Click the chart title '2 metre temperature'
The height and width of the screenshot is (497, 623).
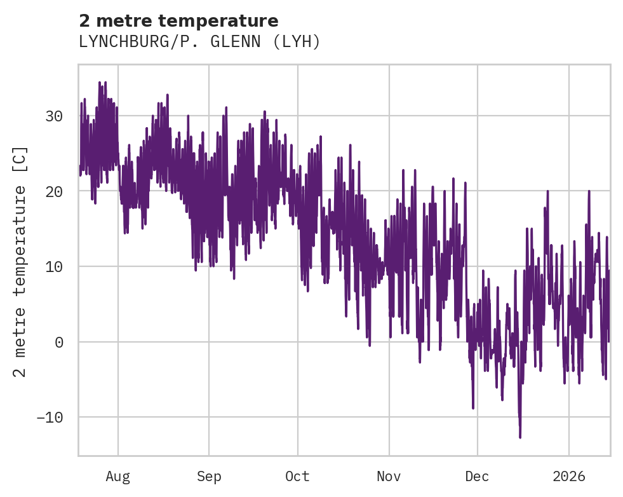178,21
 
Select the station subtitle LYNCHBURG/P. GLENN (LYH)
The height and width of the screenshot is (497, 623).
199,42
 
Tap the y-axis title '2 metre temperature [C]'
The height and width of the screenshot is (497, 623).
20,261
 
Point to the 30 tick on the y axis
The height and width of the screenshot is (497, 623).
54,116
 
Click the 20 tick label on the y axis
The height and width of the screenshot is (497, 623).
54,191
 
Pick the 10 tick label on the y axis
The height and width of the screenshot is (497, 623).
54,266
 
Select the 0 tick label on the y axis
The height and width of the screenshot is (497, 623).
59,342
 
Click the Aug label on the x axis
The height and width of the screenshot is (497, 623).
117,476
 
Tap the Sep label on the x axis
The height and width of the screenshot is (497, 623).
208,476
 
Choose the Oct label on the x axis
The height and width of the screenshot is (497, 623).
297,476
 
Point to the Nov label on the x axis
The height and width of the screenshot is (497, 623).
389,476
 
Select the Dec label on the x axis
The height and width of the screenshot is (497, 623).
477,476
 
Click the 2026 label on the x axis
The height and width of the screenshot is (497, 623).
568,476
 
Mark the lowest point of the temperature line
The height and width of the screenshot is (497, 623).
520,437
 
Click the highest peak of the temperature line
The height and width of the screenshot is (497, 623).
100,82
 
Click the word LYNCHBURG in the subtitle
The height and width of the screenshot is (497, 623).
119,42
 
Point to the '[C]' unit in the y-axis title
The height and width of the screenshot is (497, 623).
20,160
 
